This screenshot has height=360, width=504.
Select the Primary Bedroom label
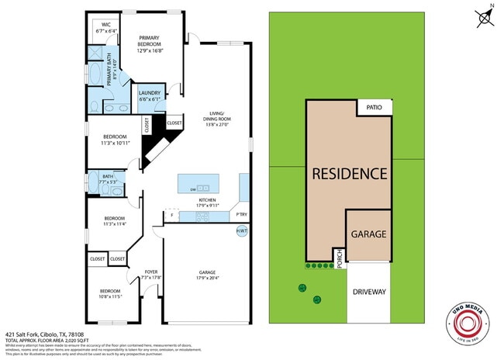(x=150, y=42)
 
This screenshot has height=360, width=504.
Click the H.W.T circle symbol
(x=242, y=231)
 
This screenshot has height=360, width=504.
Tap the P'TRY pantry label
(x=242, y=213)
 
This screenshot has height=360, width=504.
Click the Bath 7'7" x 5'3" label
(x=108, y=178)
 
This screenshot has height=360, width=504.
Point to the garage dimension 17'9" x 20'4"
(x=207, y=277)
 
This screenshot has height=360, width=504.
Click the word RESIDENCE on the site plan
(x=349, y=173)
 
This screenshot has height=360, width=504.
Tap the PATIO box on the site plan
(x=375, y=108)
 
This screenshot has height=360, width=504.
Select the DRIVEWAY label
(x=368, y=294)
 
